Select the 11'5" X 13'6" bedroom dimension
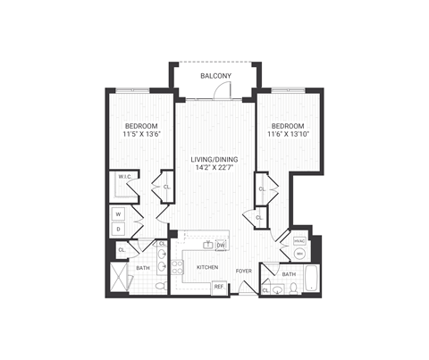140,134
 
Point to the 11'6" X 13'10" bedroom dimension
288,134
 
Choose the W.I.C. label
123,178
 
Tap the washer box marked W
117,214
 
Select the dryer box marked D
117,230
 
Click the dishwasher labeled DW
221,245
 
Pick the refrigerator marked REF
218,287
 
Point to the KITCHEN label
207,266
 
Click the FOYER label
243,270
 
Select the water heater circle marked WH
299,254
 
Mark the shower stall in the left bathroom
117,279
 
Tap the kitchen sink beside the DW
207,244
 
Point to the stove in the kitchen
179,266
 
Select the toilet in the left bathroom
160,286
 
